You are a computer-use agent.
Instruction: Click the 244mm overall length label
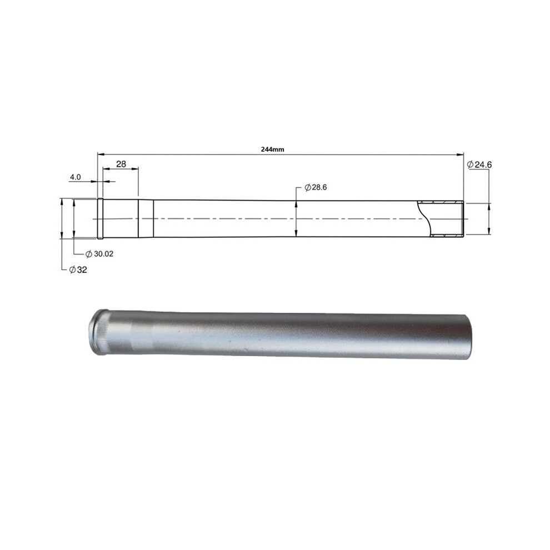click(273, 149)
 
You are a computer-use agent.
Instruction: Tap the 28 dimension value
click(121, 164)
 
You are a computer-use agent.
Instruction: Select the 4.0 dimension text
click(75, 177)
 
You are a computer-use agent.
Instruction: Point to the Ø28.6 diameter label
click(316, 187)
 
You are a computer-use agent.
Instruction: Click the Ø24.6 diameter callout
click(479, 164)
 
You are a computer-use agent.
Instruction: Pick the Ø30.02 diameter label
click(99, 254)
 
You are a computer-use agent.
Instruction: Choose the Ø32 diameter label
click(78, 270)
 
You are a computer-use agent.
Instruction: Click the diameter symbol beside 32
click(73, 270)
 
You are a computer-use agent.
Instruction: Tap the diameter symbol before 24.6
click(471, 164)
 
